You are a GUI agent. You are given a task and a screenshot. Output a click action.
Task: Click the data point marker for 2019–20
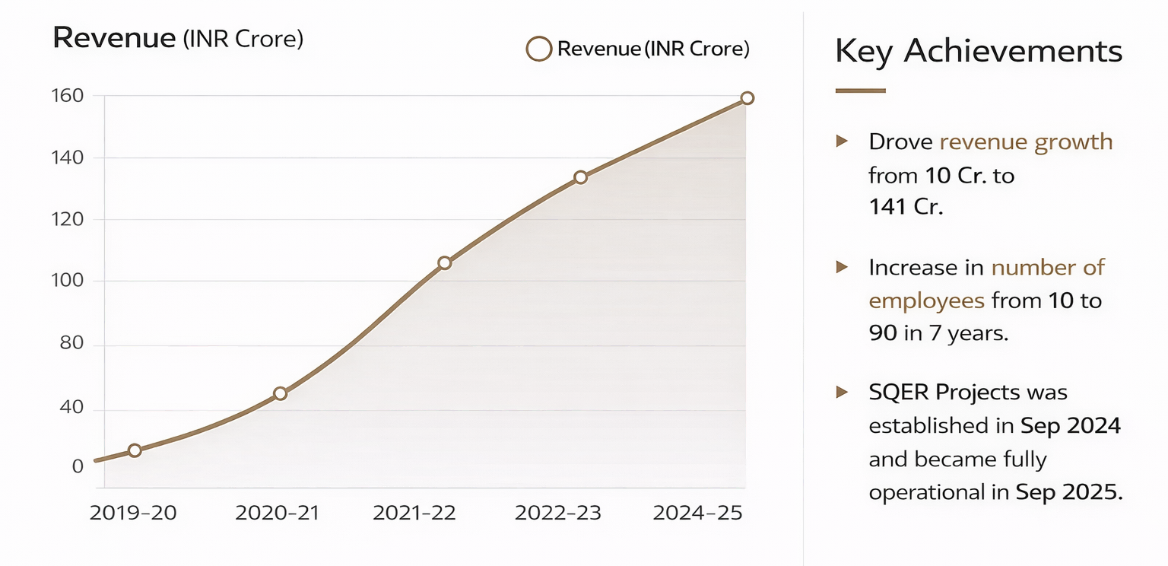(x=135, y=450)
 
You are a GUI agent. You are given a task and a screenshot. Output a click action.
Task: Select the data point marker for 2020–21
(x=280, y=393)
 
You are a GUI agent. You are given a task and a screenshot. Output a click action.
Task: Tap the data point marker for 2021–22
(x=445, y=263)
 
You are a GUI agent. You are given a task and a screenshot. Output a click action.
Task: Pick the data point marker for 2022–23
(x=580, y=177)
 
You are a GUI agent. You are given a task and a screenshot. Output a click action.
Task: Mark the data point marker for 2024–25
(x=747, y=98)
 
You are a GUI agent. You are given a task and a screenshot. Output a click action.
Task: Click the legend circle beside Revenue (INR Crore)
(x=538, y=49)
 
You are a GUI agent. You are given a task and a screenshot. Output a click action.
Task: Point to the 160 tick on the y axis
(x=67, y=96)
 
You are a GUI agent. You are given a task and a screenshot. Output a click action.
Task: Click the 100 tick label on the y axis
(x=67, y=281)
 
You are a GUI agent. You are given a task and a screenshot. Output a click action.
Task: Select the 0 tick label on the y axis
(x=78, y=466)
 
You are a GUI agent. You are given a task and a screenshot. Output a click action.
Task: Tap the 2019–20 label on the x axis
(x=133, y=514)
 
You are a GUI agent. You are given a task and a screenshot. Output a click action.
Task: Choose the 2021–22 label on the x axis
(x=414, y=514)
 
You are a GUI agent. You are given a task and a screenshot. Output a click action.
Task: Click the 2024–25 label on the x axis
(x=697, y=514)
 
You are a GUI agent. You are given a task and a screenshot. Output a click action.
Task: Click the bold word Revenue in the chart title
(x=114, y=38)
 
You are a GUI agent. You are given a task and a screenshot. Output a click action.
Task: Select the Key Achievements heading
(x=978, y=52)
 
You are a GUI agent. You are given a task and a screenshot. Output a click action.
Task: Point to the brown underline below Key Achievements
(x=860, y=91)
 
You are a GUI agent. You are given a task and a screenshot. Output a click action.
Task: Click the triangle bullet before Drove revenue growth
(x=842, y=141)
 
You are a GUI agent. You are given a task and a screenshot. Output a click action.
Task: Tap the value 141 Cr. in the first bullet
(x=906, y=207)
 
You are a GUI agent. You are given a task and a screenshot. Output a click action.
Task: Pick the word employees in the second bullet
(x=926, y=300)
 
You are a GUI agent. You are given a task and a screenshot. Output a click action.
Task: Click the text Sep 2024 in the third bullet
(x=1071, y=425)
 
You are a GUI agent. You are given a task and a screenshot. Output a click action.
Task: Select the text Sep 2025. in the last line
(x=1069, y=492)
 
